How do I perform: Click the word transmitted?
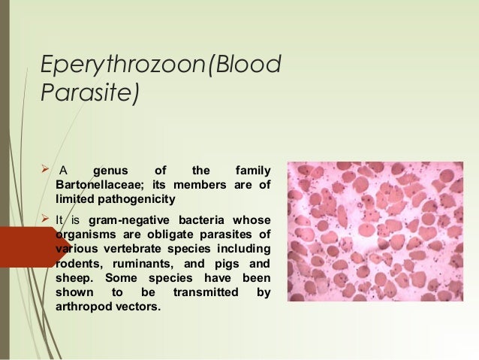click(x=203, y=292)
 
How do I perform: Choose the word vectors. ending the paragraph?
click(x=140, y=307)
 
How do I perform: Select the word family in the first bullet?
click(x=252, y=171)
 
